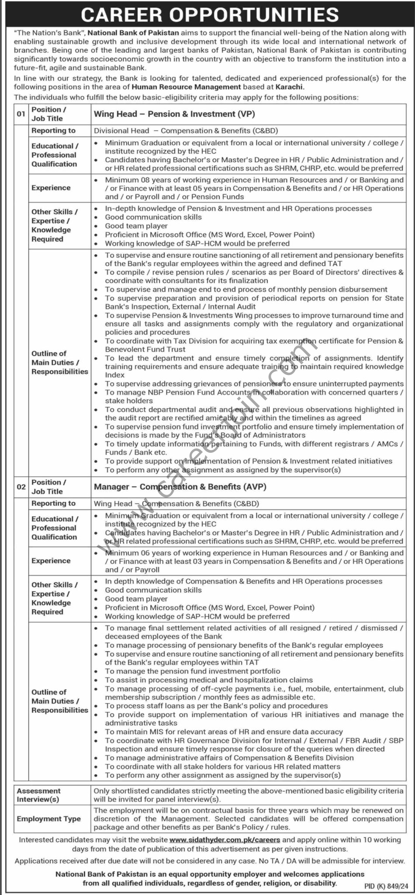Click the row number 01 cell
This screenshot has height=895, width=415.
tap(21, 114)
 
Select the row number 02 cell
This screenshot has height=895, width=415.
tap(21, 487)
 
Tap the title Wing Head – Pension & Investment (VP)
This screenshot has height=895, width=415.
tap(174, 114)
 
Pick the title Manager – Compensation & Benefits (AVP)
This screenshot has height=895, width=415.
tap(180, 487)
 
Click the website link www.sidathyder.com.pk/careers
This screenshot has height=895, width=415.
tap(225, 839)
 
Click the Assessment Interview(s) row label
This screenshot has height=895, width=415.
tap(39, 795)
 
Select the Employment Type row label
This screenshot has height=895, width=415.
tap(48, 819)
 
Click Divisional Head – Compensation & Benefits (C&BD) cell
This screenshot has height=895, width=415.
tap(186, 130)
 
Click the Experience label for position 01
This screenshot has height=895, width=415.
tap(51, 188)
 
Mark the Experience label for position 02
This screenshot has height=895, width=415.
tap(51, 561)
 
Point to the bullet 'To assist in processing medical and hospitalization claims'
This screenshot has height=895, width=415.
tap(209, 680)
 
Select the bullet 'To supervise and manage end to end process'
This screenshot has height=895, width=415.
tap(246, 289)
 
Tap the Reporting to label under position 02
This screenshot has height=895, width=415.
tap(53, 503)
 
